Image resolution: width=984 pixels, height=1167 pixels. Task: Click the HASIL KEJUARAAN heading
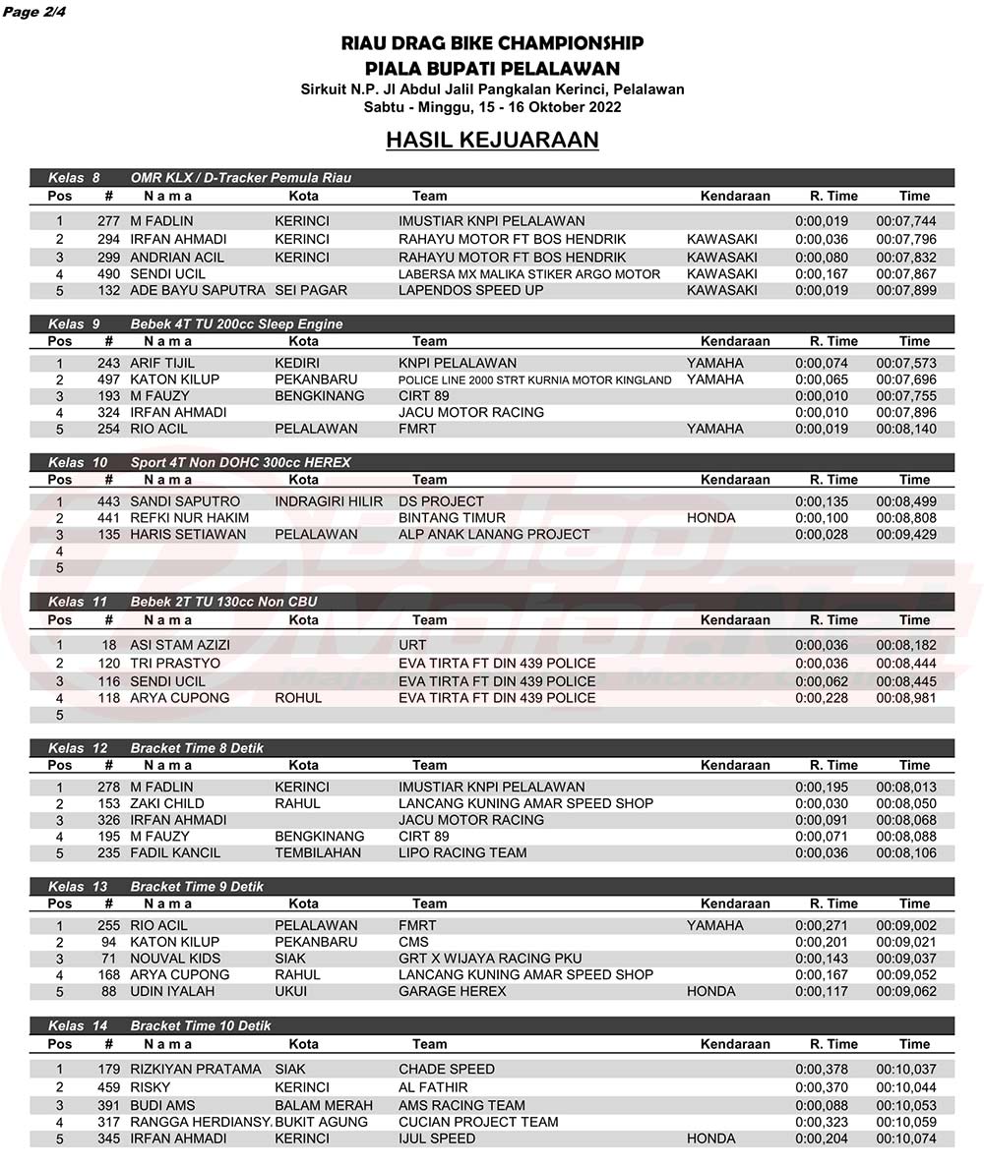click(x=492, y=141)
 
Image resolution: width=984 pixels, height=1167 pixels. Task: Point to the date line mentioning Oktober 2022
click(x=492, y=106)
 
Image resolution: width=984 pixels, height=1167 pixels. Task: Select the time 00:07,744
click(x=906, y=221)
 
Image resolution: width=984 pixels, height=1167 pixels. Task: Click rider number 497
click(x=108, y=379)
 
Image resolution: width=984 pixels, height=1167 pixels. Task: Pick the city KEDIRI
click(x=297, y=363)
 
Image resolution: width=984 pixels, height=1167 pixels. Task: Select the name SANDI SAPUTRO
click(x=184, y=501)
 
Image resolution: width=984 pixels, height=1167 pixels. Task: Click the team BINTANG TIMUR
click(x=452, y=517)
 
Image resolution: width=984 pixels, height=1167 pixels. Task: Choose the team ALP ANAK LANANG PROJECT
click(x=494, y=534)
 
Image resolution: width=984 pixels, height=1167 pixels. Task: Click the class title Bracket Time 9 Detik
click(x=197, y=887)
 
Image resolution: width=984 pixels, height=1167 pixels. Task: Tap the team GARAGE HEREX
click(x=452, y=991)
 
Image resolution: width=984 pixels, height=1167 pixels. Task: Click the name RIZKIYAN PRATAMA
click(x=196, y=1069)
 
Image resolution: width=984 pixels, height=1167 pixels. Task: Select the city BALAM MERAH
click(x=324, y=1105)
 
